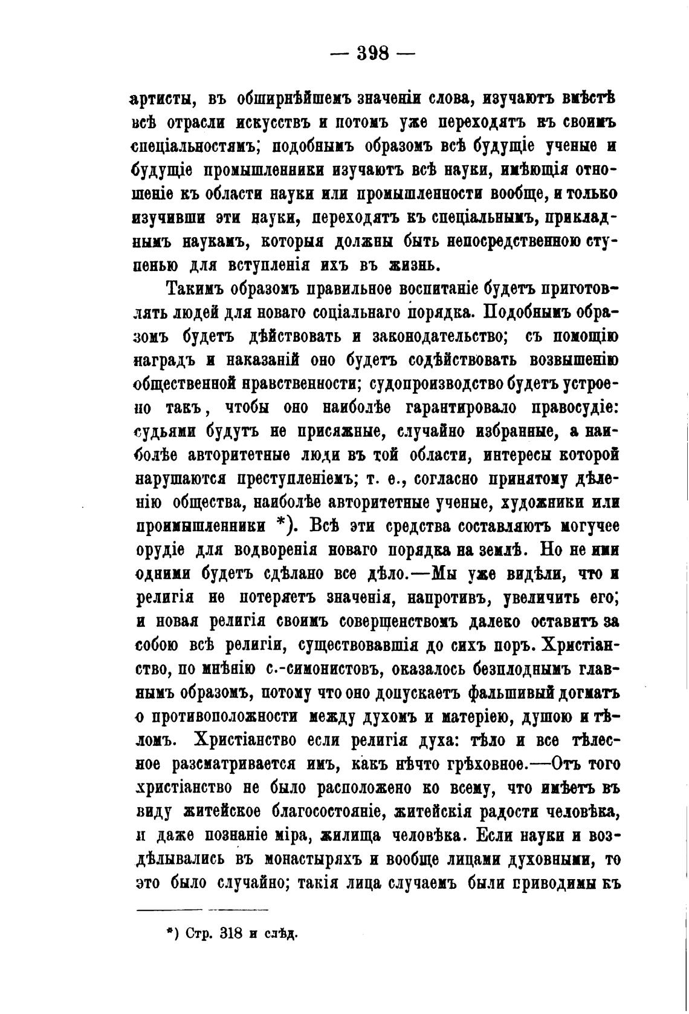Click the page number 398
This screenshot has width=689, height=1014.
[373, 53]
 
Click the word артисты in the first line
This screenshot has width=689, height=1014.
[161, 99]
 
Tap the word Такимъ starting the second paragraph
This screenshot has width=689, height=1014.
[193, 289]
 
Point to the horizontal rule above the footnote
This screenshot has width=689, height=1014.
[203, 909]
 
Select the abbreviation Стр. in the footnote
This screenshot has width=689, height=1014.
[197, 933]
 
